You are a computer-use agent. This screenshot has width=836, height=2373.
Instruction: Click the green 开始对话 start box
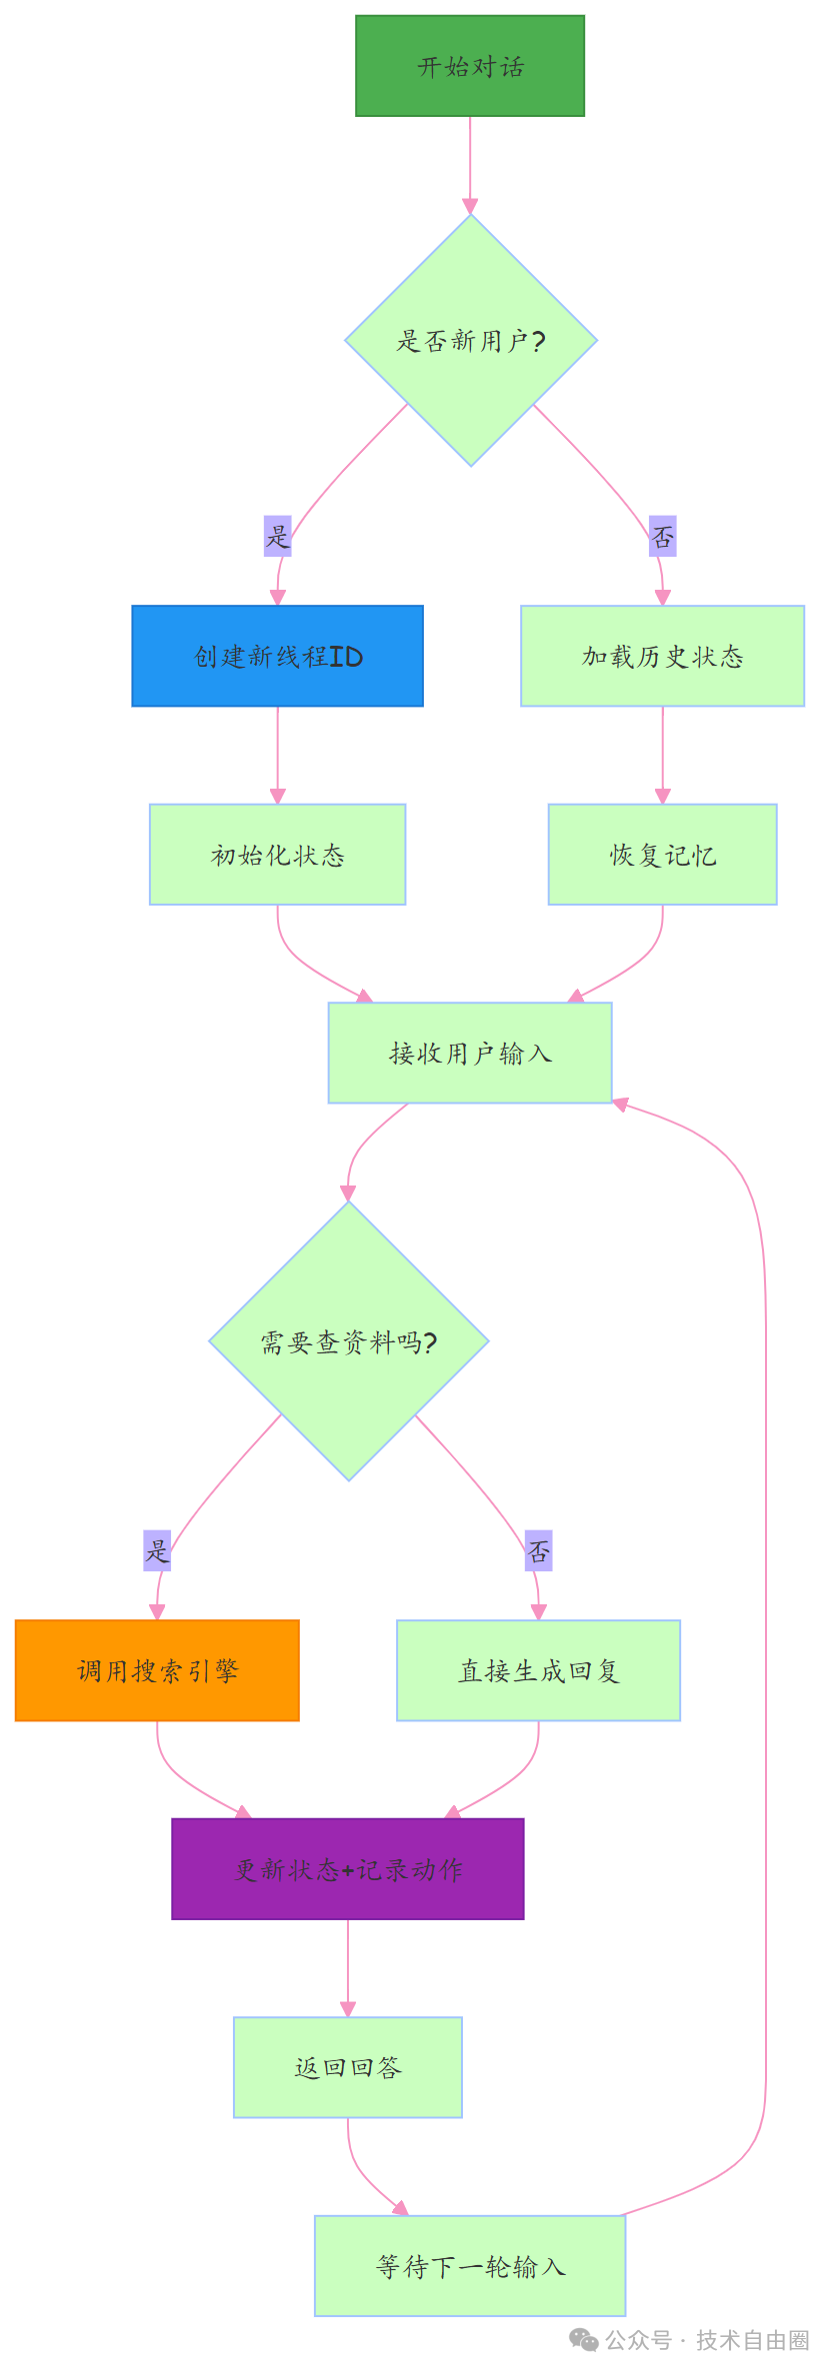[x=470, y=66]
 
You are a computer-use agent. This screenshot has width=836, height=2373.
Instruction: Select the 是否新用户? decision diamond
[x=470, y=341]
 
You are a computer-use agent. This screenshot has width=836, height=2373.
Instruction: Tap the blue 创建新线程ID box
[x=277, y=656]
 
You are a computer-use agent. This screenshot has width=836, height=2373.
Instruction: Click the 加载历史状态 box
[x=662, y=656]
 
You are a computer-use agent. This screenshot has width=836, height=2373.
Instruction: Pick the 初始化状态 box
[x=277, y=855]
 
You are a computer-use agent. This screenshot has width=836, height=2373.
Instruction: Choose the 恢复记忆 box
[x=662, y=855]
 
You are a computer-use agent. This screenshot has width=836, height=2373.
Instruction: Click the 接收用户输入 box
[x=470, y=1053]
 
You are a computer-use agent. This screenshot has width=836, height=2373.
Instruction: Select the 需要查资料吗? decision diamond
[x=348, y=1341]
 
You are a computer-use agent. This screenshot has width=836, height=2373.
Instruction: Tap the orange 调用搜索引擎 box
[x=157, y=1670]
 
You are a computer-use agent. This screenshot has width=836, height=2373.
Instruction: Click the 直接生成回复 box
[x=538, y=1670]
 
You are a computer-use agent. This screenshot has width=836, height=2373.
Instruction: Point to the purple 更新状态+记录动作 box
[x=347, y=1869]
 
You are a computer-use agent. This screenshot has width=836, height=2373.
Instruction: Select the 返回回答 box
[x=347, y=2067]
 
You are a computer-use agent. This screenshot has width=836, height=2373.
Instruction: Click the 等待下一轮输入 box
[x=470, y=2266]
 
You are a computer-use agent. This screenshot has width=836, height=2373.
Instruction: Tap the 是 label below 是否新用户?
[x=277, y=537]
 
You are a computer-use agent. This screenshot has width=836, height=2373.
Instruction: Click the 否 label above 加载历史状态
[x=662, y=537]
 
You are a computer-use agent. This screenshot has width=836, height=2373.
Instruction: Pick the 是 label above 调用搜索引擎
[x=157, y=1550]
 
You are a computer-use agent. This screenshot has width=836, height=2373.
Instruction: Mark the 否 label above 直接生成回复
[x=539, y=1550]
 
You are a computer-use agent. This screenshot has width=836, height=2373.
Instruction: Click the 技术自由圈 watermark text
[x=752, y=2340]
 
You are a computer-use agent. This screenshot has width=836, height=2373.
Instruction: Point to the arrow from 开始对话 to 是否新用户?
[x=470, y=165]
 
